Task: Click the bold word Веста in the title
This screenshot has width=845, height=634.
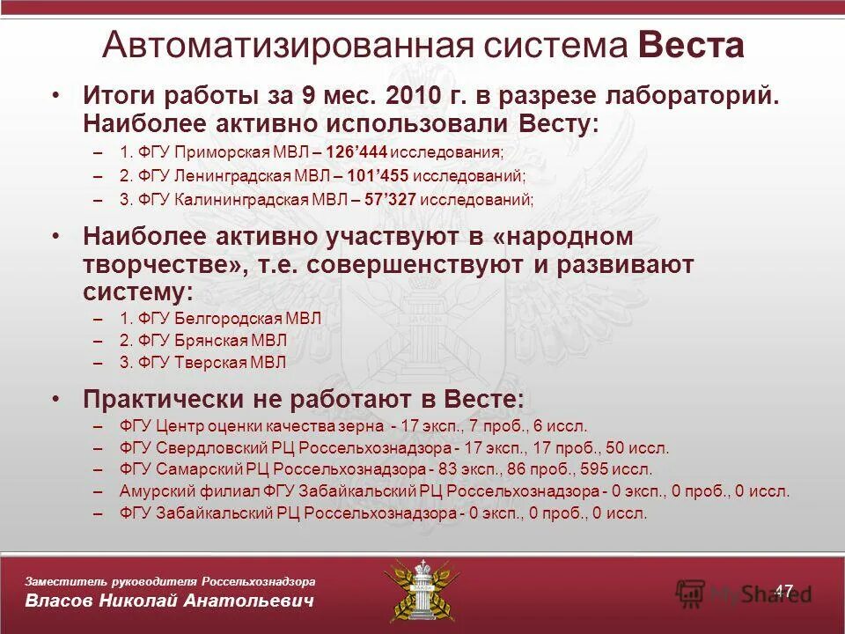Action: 692,45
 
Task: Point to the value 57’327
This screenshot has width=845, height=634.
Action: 390,199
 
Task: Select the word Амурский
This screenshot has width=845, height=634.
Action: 151,491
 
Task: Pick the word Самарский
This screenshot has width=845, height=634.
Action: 201,469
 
